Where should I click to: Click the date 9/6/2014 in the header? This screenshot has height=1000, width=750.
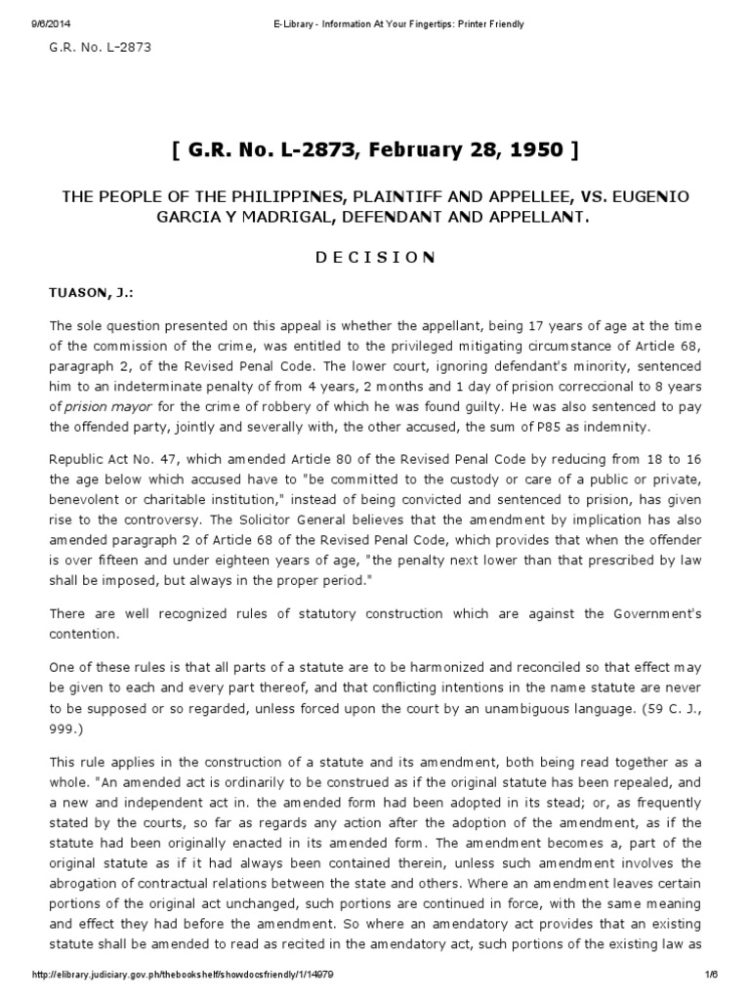(x=37, y=24)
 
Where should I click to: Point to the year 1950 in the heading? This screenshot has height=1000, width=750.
(x=535, y=150)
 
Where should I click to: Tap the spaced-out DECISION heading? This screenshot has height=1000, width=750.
(x=374, y=257)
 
